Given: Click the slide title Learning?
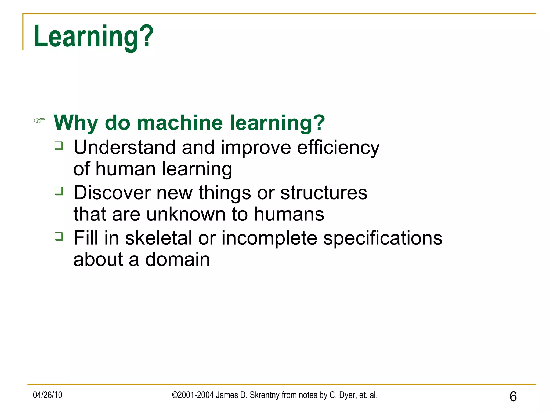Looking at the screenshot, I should click(93, 36).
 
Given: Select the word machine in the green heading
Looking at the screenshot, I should click(180, 123).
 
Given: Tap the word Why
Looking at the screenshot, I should click(76, 123).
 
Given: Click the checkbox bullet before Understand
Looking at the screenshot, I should click(59, 146).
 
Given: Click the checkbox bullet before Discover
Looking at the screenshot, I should click(59, 191).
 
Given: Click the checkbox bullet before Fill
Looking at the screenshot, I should click(59, 237).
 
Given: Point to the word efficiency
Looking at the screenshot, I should click(338, 148).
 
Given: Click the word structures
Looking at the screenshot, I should click(324, 193).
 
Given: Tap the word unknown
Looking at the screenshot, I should click(186, 214).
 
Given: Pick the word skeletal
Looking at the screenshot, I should click(158, 238).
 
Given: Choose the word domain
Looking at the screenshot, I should click(178, 260).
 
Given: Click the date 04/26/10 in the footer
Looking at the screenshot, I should click(48, 395).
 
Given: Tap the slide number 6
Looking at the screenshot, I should click(513, 396).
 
